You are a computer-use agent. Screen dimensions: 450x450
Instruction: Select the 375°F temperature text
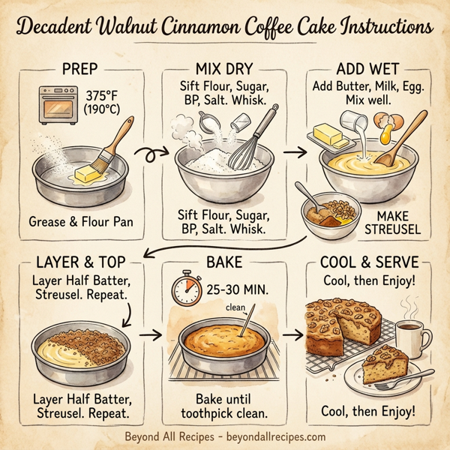click(104, 97)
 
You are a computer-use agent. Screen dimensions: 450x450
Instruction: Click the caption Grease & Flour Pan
click(80, 221)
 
